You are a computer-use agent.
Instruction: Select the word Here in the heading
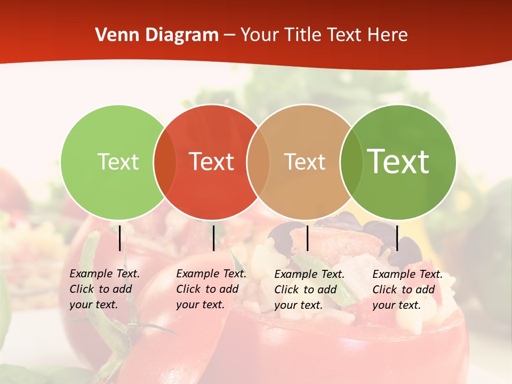point(388,35)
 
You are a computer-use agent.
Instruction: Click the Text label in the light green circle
point(118,162)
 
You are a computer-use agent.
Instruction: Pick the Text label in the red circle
point(212,162)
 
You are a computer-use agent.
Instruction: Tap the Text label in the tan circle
point(305,162)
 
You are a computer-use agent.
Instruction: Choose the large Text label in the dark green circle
point(398,162)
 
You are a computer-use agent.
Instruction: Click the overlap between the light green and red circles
point(165,162)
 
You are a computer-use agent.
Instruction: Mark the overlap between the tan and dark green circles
point(351,162)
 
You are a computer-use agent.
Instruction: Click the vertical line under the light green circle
point(119,238)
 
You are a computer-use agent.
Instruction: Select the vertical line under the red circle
point(213,238)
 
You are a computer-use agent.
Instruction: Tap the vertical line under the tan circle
point(307,238)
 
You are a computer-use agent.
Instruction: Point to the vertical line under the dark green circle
point(397,238)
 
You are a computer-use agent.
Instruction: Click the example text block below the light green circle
point(105,289)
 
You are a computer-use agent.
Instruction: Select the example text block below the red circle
point(211,289)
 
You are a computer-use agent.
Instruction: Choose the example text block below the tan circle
point(309,290)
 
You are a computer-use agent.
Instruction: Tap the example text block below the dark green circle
point(407,290)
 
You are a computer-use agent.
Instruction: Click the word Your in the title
point(260,35)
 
